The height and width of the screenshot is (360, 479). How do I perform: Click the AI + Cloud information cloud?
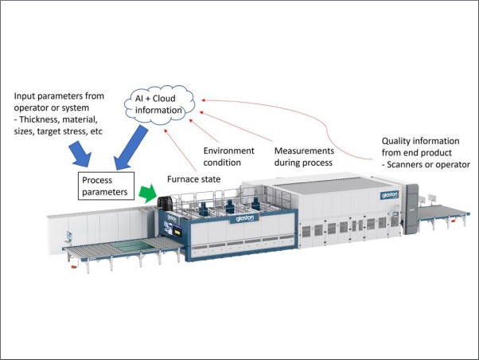(x=162, y=104)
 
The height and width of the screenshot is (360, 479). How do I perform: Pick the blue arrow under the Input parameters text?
(x=81, y=152)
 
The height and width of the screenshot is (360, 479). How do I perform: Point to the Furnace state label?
(x=193, y=180)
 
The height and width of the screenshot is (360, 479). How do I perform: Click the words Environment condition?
(x=228, y=156)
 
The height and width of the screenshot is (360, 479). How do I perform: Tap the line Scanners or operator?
(x=426, y=165)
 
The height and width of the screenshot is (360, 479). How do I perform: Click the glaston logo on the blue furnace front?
(x=244, y=217)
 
